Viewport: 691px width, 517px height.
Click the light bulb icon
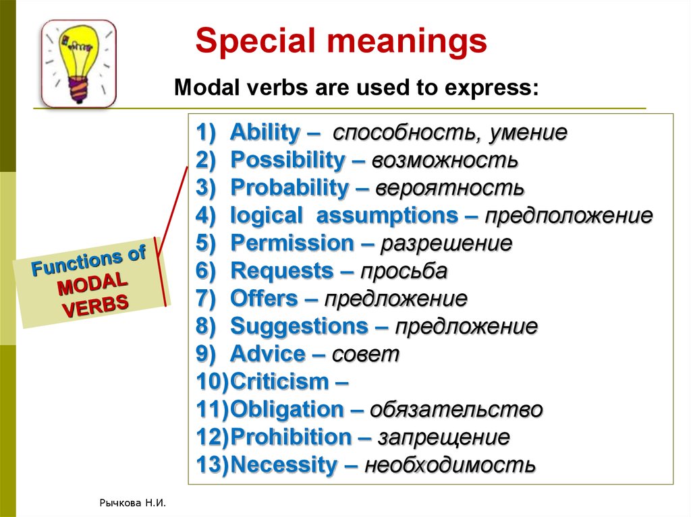tap(78, 63)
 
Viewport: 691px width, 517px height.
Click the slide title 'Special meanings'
tap(341, 42)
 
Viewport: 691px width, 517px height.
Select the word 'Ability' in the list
tap(265, 133)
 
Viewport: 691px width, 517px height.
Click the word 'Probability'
tap(289, 188)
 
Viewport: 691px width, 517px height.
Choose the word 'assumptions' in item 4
tap(386, 216)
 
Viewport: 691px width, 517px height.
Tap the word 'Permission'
tap(292, 243)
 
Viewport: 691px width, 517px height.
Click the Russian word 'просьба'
tap(404, 272)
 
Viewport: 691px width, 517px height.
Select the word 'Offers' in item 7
tap(264, 299)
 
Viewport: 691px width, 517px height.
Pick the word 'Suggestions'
tap(299, 327)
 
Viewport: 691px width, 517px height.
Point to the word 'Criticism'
tap(279, 382)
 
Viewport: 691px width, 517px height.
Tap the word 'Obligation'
tap(287, 410)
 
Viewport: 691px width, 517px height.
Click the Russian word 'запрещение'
tap(443, 437)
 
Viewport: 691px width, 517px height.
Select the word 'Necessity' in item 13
tap(283, 465)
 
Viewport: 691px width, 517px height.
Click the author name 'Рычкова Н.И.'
tap(132, 503)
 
